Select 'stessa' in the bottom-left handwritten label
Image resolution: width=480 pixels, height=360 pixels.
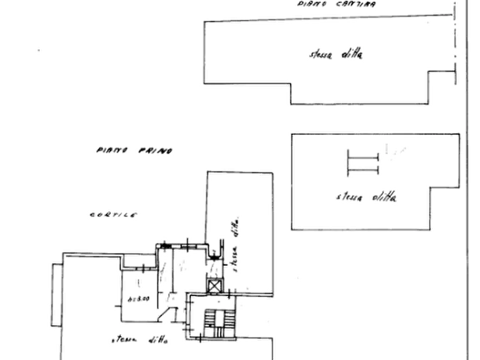124,340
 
